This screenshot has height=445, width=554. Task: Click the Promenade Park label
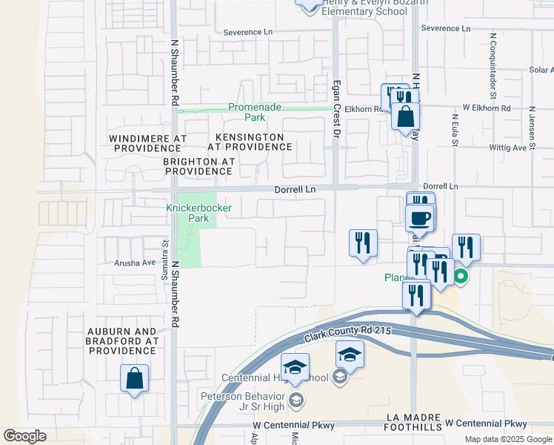[255, 112]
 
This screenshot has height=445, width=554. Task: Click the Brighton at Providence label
[198, 166]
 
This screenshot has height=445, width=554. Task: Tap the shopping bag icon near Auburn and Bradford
[135, 378]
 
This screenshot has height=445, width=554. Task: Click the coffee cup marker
[420, 217]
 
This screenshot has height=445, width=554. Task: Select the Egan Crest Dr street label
[336, 109]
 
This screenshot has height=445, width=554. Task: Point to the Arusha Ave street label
[134, 263]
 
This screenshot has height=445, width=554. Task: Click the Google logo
[24, 436]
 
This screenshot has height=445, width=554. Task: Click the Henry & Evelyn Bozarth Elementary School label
[375, 7]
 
